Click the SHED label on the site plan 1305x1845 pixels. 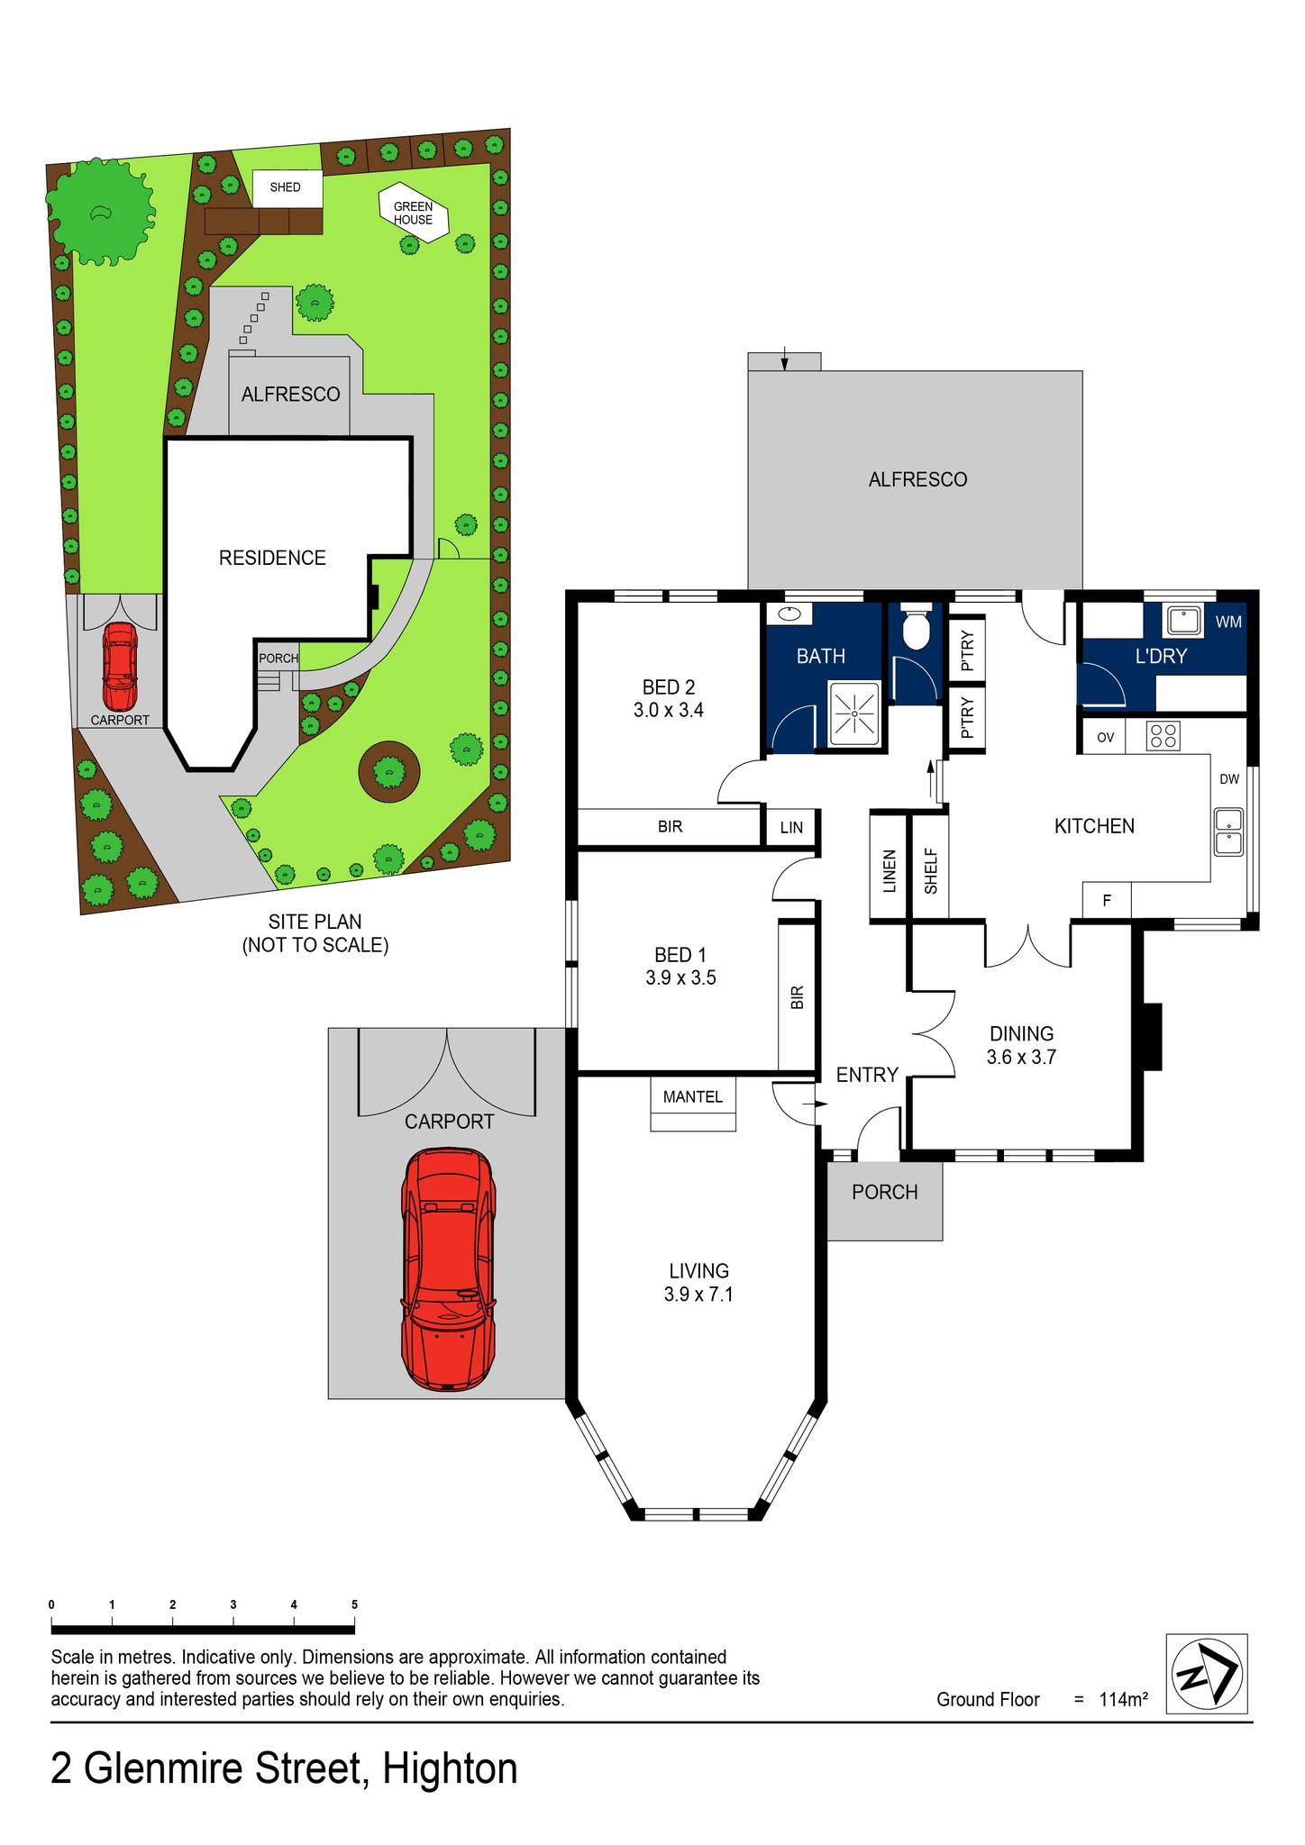coord(285,187)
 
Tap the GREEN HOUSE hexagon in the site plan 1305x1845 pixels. coord(413,214)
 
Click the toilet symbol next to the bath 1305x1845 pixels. coord(915,630)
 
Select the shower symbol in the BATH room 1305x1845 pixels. coord(852,713)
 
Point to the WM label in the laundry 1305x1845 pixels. coord(1227,622)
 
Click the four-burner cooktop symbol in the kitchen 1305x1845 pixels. coord(1164,736)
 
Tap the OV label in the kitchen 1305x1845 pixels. coord(1105,737)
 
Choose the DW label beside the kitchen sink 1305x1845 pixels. coord(1228,779)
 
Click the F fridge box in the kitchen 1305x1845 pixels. coord(1106,899)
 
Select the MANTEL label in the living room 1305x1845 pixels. coord(693,1096)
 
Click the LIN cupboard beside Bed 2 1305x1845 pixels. coord(791,827)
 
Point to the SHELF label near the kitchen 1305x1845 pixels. coord(931,871)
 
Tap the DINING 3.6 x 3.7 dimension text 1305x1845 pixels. coord(1021,1058)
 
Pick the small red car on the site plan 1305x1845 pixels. coord(119,667)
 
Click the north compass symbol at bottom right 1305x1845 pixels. coord(1206,1674)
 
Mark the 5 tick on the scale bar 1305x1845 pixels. coord(354,1604)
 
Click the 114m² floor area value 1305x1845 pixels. coord(1123,1700)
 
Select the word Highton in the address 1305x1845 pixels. coord(450,1768)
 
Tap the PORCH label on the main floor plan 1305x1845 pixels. coord(884,1192)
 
